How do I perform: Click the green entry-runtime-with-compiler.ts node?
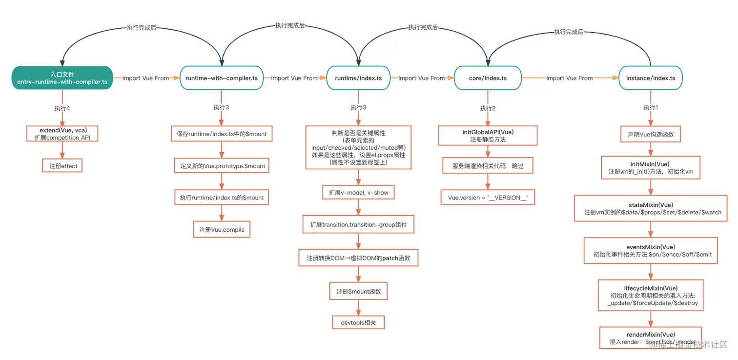pyautogui.click(x=62, y=78)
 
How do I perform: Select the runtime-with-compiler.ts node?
pyautogui.click(x=222, y=78)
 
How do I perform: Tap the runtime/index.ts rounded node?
pyautogui.click(x=358, y=78)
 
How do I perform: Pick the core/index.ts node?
pyautogui.click(x=488, y=78)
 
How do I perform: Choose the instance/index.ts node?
pyautogui.click(x=650, y=78)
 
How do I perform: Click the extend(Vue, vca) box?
pyautogui.click(x=62, y=134)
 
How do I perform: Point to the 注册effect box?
pyautogui.click(x=62, y=166)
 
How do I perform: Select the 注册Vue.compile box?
pyautogui.click(x=222, y=229)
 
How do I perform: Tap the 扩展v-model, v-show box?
pyautogui.click(x=358, y=192)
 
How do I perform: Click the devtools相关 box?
pyautogui.click(x=358, y=322)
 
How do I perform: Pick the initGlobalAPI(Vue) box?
pyautogui.click(x=488, y=136)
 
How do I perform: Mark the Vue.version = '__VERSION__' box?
pyautogui.click(x=488, y=197)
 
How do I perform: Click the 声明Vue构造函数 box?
pyautogui.click(x=650, y=134)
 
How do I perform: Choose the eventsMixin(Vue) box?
pyautogui.click(x=651, y=251)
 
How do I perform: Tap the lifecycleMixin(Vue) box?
pyautogui.click(x=651, y=296)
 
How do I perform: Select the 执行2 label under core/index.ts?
pyautogui.click(x=488, y=108)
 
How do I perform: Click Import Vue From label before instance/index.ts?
pyautogui.click(x=569, y=78)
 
